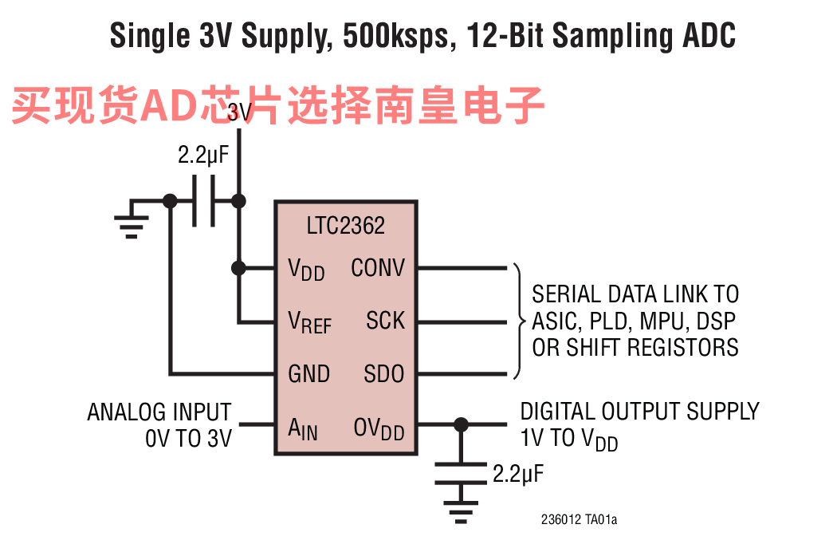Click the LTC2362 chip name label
pyautogui.click(x=345, y=226)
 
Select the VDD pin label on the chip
pyautogui.click(x=306, y=270)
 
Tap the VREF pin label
pyautogui.click(x=309, y=322)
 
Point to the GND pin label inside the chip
pyautogui.click(x=308, y=374)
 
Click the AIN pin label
pyautogui.click(x=303, y=429)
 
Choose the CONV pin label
pyautogui.click(x=378, y=267)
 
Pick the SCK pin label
pyautogui.click(x=385, y=321)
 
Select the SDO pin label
pyautogui.click(x=383, y=374)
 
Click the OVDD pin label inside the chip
pyautogui.click(x=379, y=429)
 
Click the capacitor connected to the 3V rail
pyautogui.click(x=203, y=201)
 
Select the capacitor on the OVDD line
pyautogui.click(x=461, y=473)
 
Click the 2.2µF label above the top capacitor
pyautogui.click(x=202, y=155)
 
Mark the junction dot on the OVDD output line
pyautogui.click(x=461, y=424)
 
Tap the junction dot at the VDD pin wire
pyautogui.click(x=238, y=267)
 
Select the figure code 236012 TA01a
pyautogui.click(x=580, y=519)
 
